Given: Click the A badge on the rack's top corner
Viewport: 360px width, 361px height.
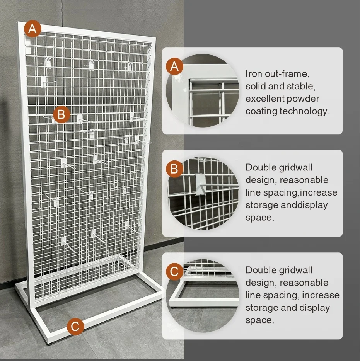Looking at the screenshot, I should pyautogui.click(x=33, y=29).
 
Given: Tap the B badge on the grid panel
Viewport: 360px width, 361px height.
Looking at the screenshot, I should pyautogui.click(x=61, y=115).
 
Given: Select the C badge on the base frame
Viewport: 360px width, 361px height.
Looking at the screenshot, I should pyautogui.click(x=75, y=327).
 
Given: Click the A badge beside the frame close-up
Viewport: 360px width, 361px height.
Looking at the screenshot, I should pyautogui.click(x=175, y=67).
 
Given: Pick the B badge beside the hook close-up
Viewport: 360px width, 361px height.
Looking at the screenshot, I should pyautogui.click(x=174, y=169).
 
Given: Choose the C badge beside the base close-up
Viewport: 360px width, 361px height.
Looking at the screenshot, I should pyautogui.click(x=174, y=272).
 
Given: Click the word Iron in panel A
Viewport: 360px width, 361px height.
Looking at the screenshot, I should pyautogui.click(x=253, y=73).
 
